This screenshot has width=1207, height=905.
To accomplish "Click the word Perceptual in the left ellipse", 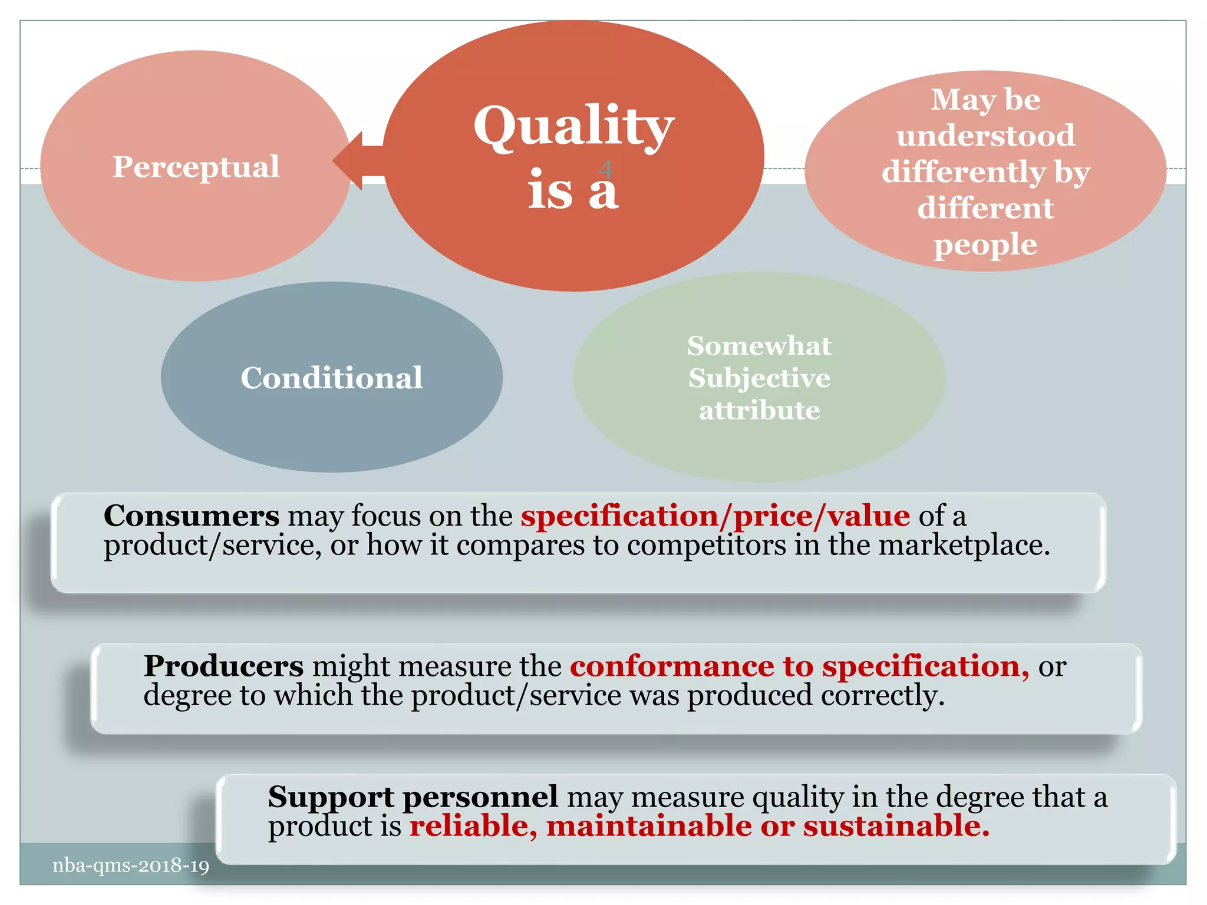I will pos(196,167).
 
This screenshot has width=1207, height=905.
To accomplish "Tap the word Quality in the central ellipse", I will pos(573,127).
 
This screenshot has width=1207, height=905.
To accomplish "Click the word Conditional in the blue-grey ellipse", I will pos(331,378).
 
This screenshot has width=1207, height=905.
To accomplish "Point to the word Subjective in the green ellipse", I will pos(759,378).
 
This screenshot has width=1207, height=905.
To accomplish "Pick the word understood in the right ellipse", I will pos(985,136).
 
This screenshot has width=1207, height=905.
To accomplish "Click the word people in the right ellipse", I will pos(985,245).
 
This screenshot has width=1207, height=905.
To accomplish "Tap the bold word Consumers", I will pos(192,516).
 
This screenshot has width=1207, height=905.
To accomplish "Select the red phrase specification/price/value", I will pos(715,516).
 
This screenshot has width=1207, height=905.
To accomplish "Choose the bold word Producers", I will pos(224,666).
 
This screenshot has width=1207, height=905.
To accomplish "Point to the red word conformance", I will pos(672,666).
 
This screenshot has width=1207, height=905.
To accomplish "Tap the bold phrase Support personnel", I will pos(413,797).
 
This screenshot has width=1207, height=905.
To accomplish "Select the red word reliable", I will pos(471,826).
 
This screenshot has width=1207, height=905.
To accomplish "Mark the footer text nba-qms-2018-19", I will pos(131,866).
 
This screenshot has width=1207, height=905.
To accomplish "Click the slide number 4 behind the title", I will pos(605,170).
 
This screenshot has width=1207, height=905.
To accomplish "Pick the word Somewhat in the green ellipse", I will pos(759,346).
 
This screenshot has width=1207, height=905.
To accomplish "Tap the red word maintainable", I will pos(648,826).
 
